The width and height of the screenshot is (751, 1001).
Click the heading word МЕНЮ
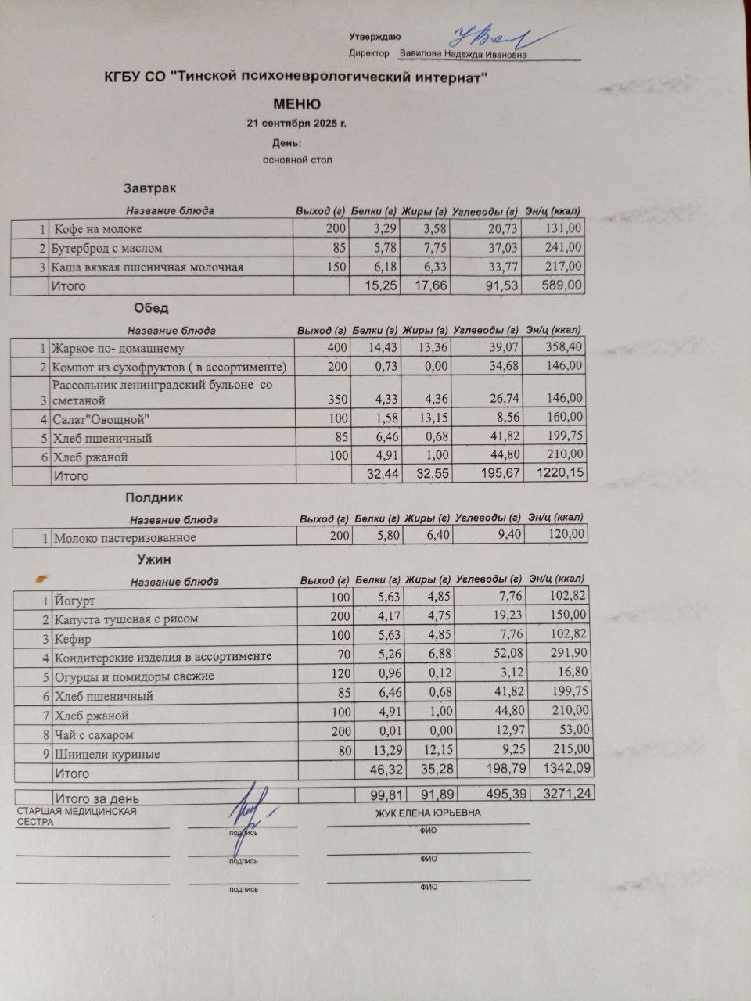[x=296, y=104]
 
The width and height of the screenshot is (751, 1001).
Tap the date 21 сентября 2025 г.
[x=296, y=124]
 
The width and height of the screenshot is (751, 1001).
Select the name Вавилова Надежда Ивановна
[x=463, y=55]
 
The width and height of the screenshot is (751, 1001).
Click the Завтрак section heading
[x=149, y=188]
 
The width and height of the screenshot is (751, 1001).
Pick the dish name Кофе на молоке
[x=98, y=229]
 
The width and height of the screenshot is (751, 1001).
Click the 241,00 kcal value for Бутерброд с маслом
[x=563, y=248]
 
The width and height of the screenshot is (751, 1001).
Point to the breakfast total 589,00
[x=562, y=285]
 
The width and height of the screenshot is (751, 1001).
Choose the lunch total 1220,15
[x=557, y=474]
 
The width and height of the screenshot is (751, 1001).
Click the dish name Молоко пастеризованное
[x=125, y=538]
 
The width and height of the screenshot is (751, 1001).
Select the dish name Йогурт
[x=75, y=601]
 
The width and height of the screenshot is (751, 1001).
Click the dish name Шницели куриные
[x=107, y=755]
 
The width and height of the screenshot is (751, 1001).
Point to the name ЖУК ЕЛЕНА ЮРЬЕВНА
[x=428, y=813]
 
